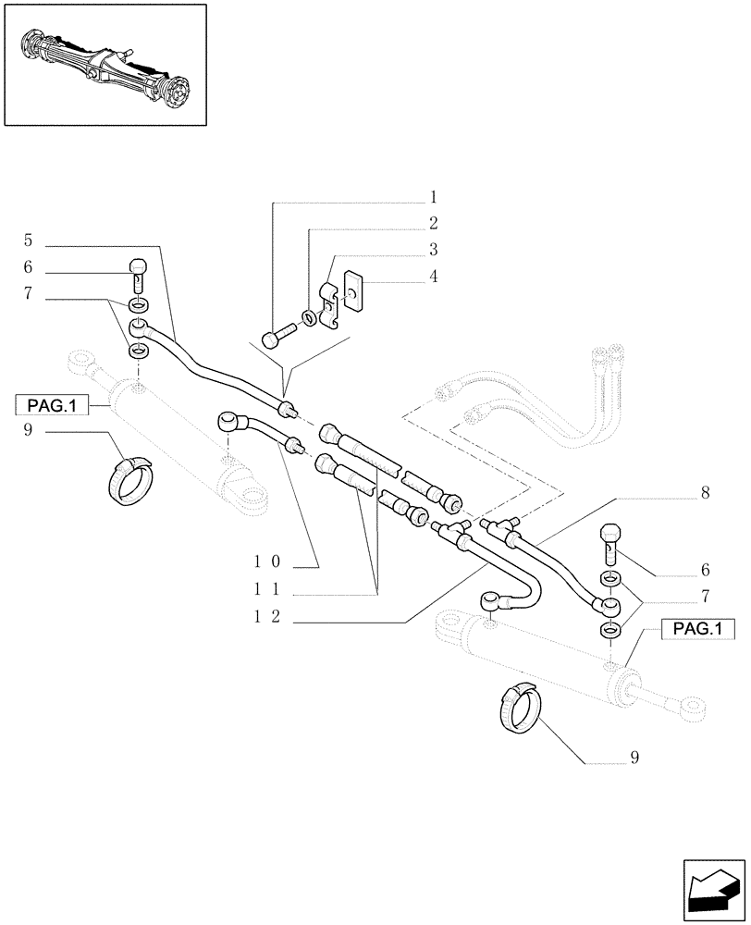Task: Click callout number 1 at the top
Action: pos(432,197)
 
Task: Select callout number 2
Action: pos(432,223)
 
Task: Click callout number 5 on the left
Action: pos(29,240)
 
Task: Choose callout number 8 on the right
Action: pos(705,494)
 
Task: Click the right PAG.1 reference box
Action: pos(698,630)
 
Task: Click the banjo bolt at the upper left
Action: pos(138,273)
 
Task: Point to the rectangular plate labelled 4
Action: pos(351,289)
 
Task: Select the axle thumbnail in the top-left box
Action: pos(104,64)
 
